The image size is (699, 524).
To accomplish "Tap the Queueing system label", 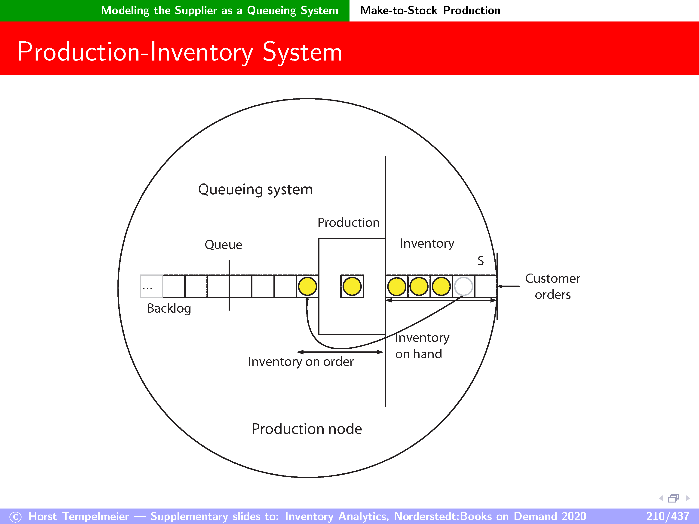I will [255, 189].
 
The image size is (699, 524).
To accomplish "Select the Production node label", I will [307, 429].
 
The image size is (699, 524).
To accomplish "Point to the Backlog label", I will [169, 308].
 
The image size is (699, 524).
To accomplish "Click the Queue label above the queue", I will [224, 245].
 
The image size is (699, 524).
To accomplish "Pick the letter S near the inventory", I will [481, 261].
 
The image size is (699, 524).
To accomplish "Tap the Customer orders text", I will [553, 286].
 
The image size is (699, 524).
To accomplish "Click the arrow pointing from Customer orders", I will [509, 286].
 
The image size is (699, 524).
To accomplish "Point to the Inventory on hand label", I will [422, 346].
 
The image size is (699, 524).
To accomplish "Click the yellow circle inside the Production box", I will [352, 286].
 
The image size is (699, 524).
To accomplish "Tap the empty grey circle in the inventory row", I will [463, 286].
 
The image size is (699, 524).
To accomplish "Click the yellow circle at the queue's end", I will [307, 286].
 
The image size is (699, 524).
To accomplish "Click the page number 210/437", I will [667, 516].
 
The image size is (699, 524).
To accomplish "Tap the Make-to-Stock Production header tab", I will [430, 10].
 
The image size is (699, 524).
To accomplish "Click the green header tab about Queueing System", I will [219, 10].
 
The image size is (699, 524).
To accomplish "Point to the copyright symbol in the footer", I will [15, 517].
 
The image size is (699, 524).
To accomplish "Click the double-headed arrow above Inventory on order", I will [340, 352].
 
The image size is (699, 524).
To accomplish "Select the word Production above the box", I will [349, 223].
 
